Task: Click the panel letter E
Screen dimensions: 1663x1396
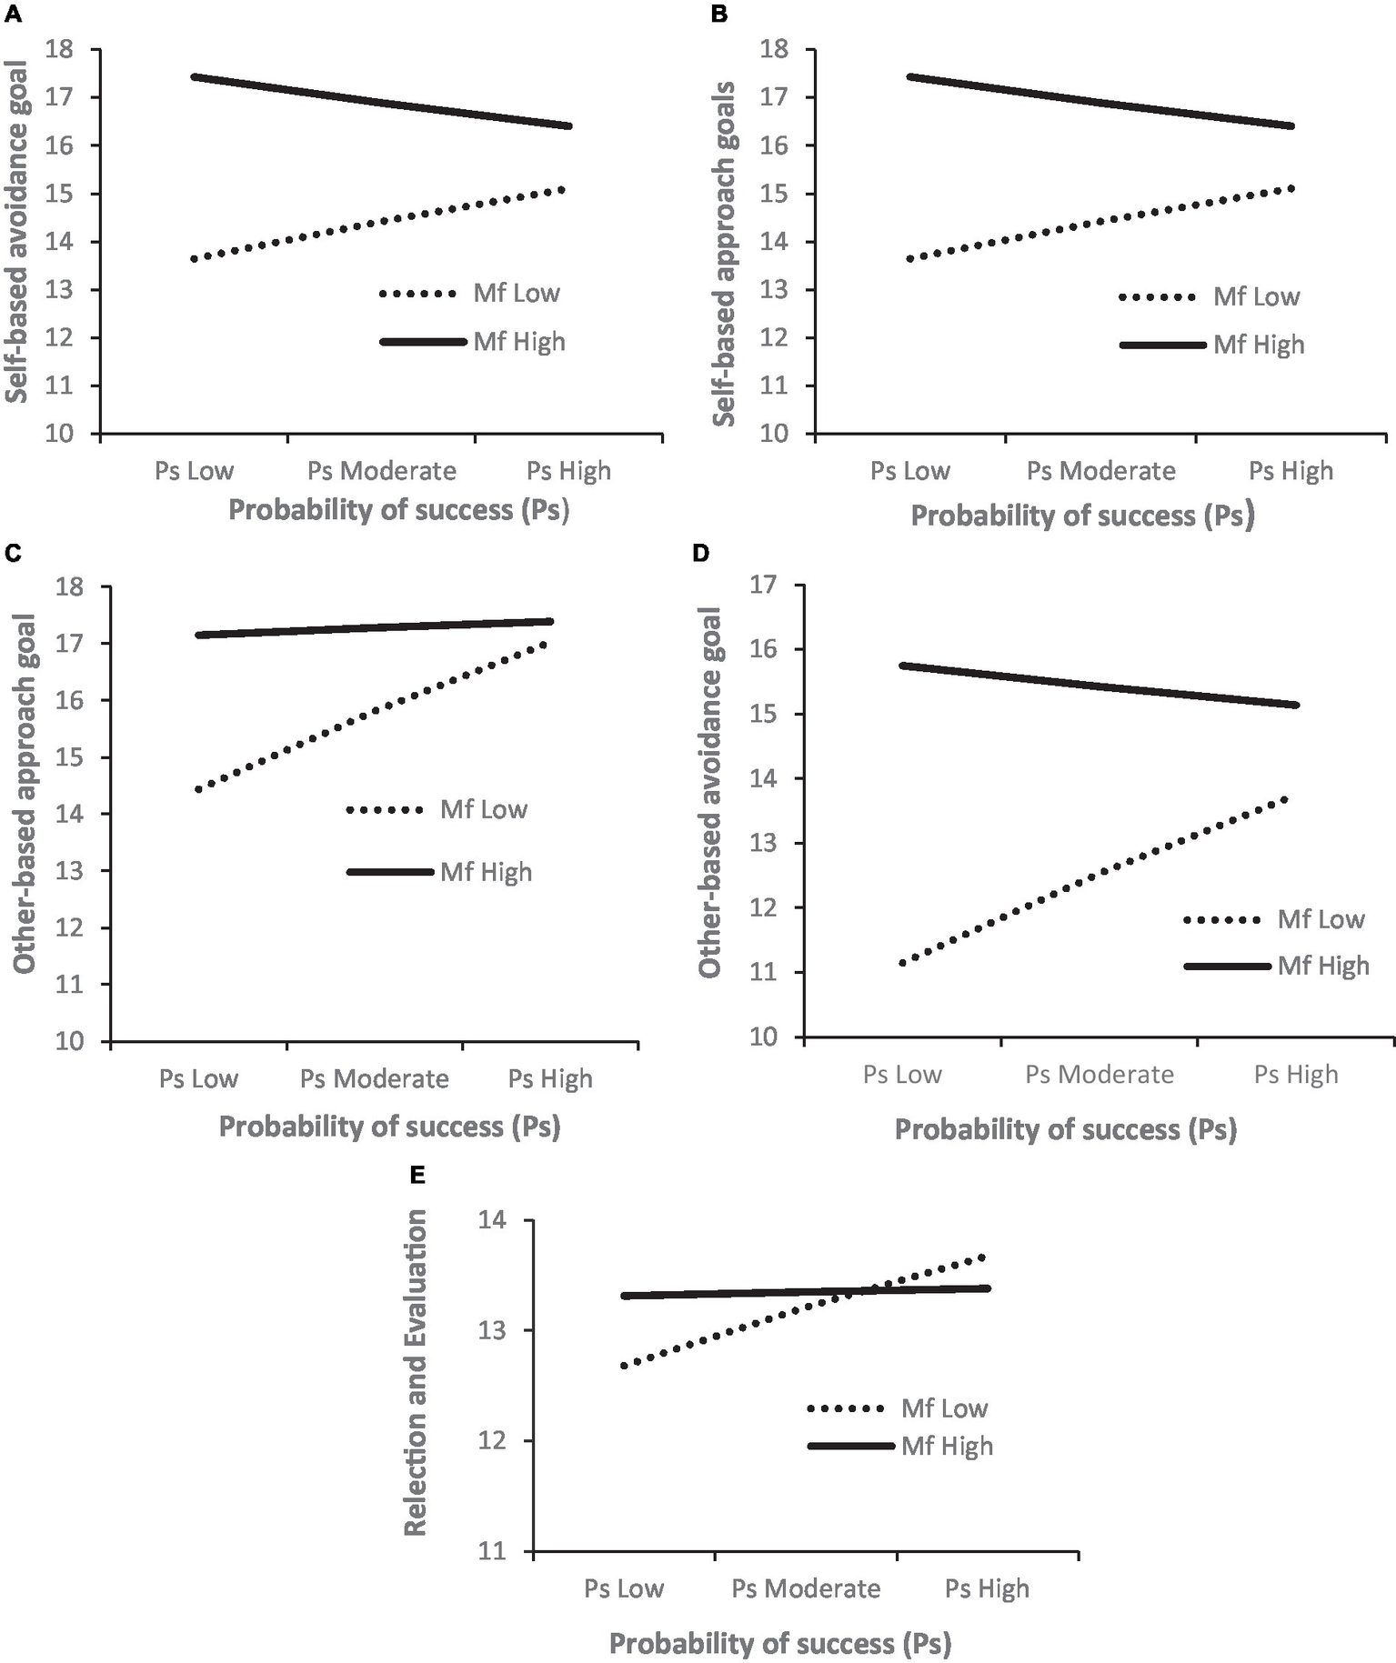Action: [x=417, y=1176]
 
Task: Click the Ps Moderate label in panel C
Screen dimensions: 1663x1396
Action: [x=374, y=1079]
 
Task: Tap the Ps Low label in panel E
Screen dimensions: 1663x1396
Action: [x=623, y=1588]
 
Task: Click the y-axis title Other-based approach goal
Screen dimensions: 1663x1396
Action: [x=25, y=793]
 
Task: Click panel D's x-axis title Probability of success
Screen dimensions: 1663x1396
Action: [x=1065, y=1130]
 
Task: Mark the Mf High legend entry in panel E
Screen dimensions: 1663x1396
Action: [x=946, y=1447]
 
